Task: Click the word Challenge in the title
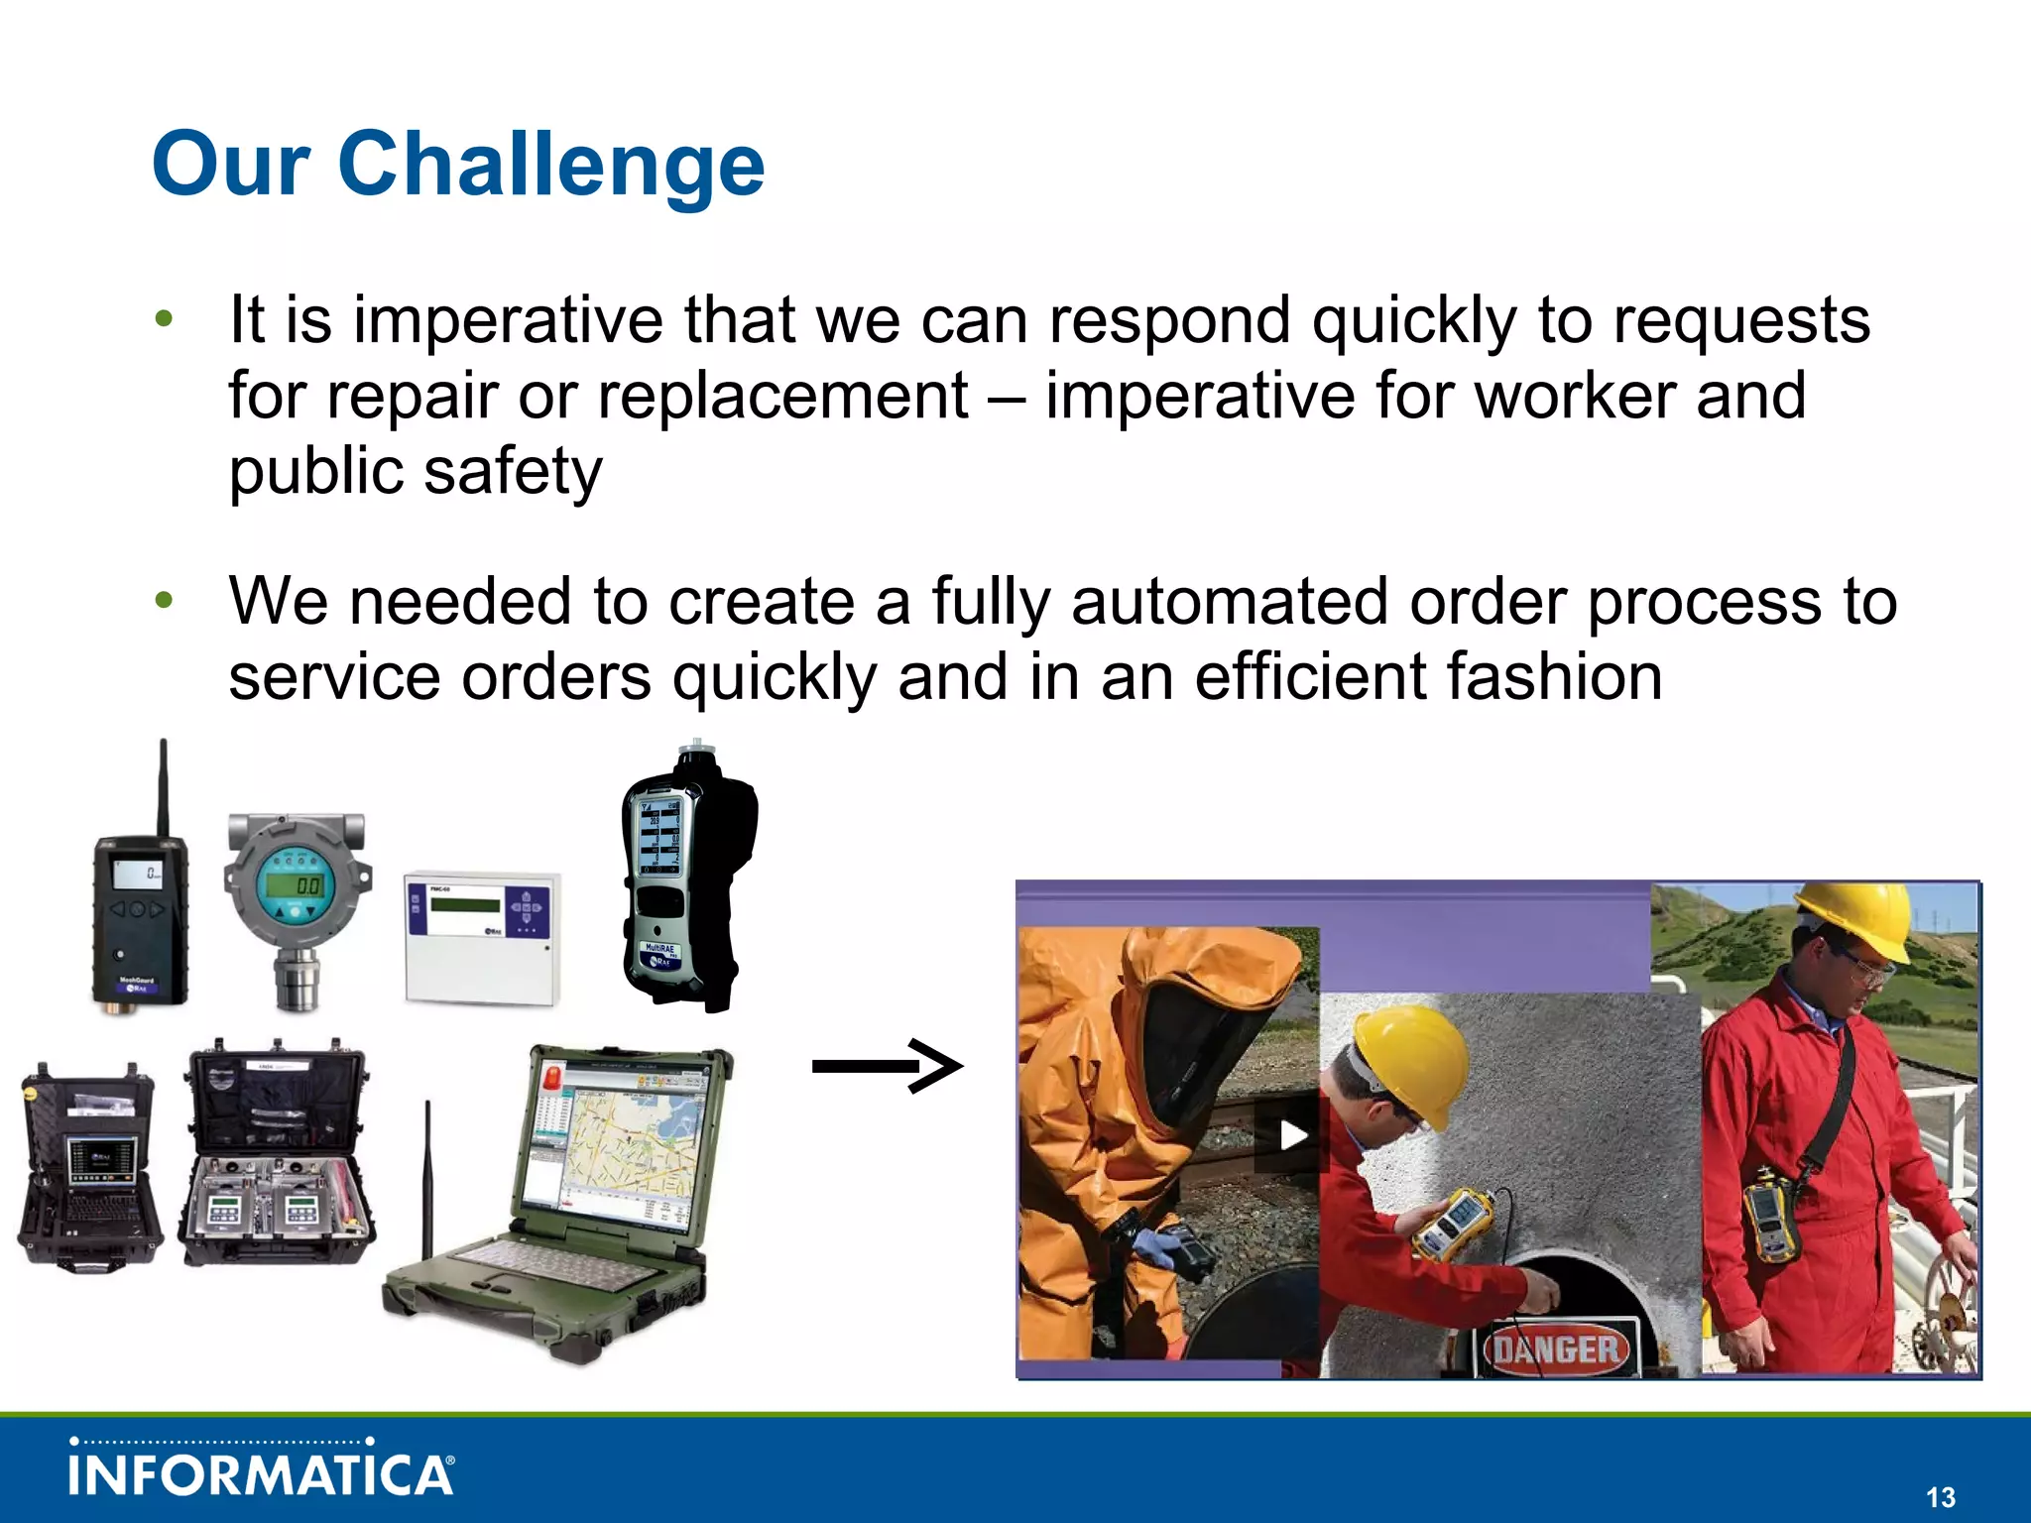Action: click(x=551, y=165)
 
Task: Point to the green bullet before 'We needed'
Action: click(x=165, y=600)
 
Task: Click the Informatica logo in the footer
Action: click(x=262, y=1471)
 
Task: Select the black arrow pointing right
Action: click(x=887, y=1066)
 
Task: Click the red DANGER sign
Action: click(x=1556, y=1349)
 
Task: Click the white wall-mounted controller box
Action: click(x=482, y=938)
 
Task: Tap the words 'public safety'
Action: click(x=415, y=471)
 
